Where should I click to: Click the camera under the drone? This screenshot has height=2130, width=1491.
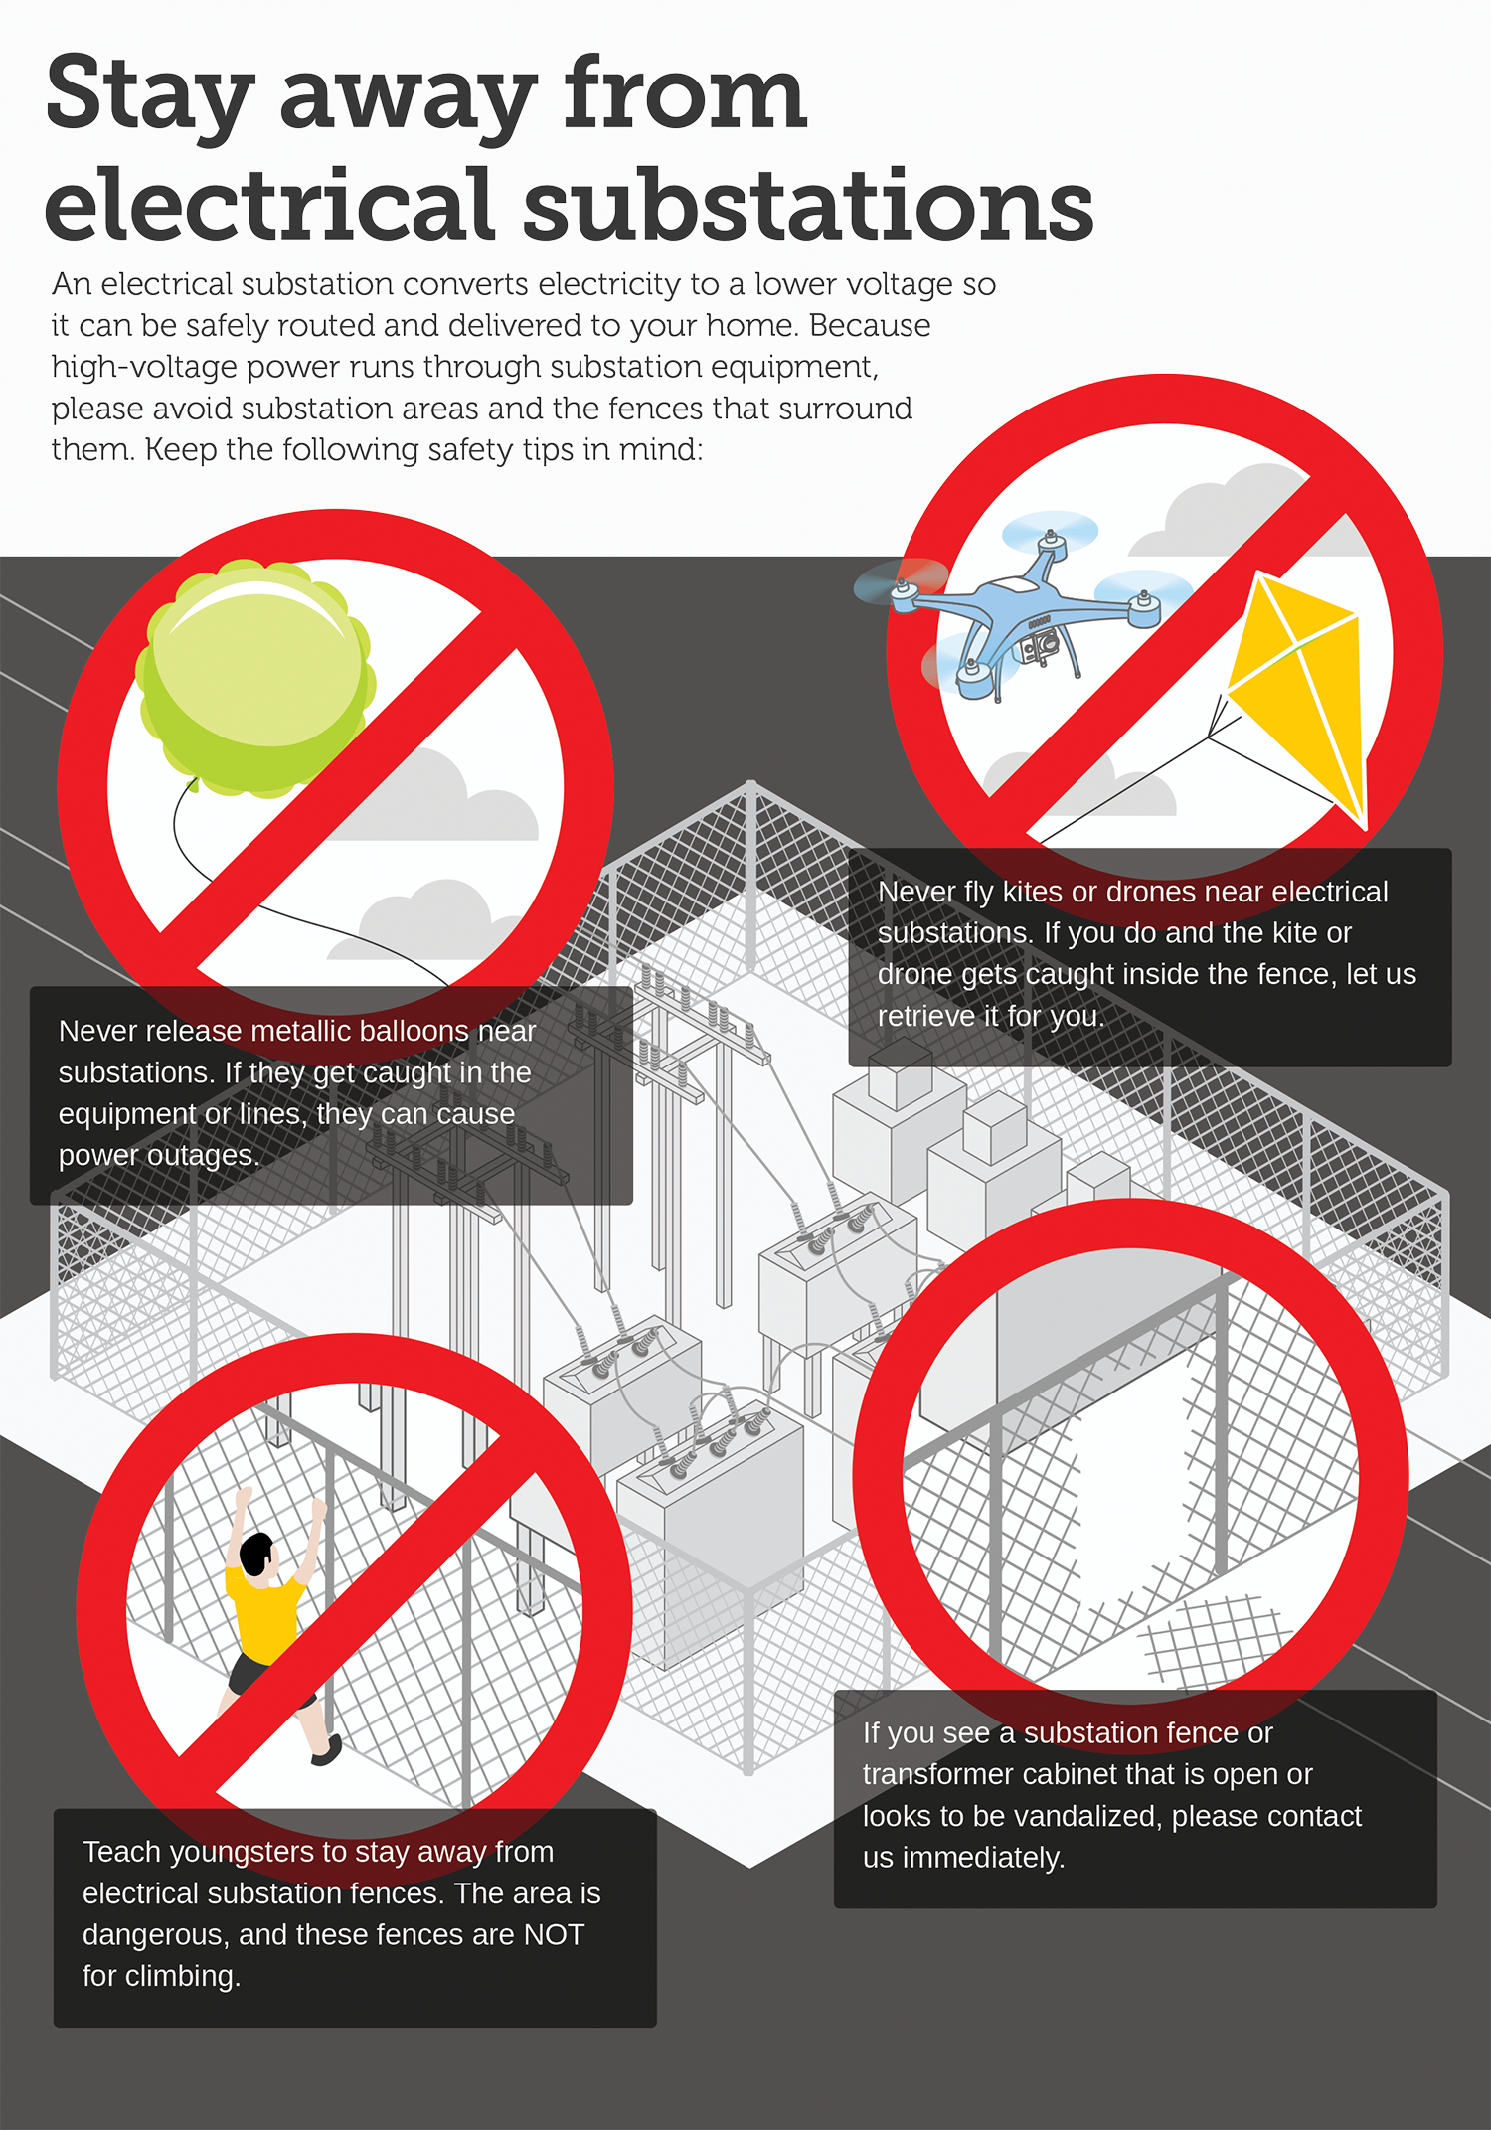1040,644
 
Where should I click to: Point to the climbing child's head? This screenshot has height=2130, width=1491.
257,1553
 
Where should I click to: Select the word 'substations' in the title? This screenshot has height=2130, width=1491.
808,207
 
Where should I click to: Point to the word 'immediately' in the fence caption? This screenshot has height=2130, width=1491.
983,1857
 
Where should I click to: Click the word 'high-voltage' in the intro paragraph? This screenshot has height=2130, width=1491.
145,368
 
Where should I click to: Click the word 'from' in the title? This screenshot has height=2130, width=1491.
686,94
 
